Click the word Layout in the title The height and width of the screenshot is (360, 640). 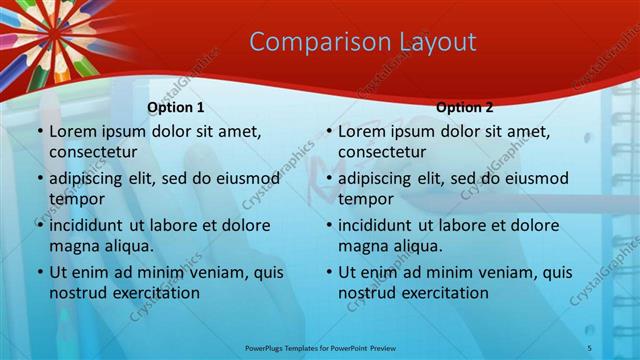click(432, 42)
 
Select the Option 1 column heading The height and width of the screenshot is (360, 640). click(176, 107)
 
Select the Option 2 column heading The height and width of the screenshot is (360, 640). click(465, 107)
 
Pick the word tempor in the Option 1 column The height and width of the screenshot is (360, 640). click(73, 199)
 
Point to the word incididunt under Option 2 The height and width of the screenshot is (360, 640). click(380, 226)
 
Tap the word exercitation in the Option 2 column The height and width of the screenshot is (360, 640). click(444, 293)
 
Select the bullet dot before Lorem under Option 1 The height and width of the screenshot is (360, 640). click(39, 132)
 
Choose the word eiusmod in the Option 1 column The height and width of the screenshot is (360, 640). click(248, 179)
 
